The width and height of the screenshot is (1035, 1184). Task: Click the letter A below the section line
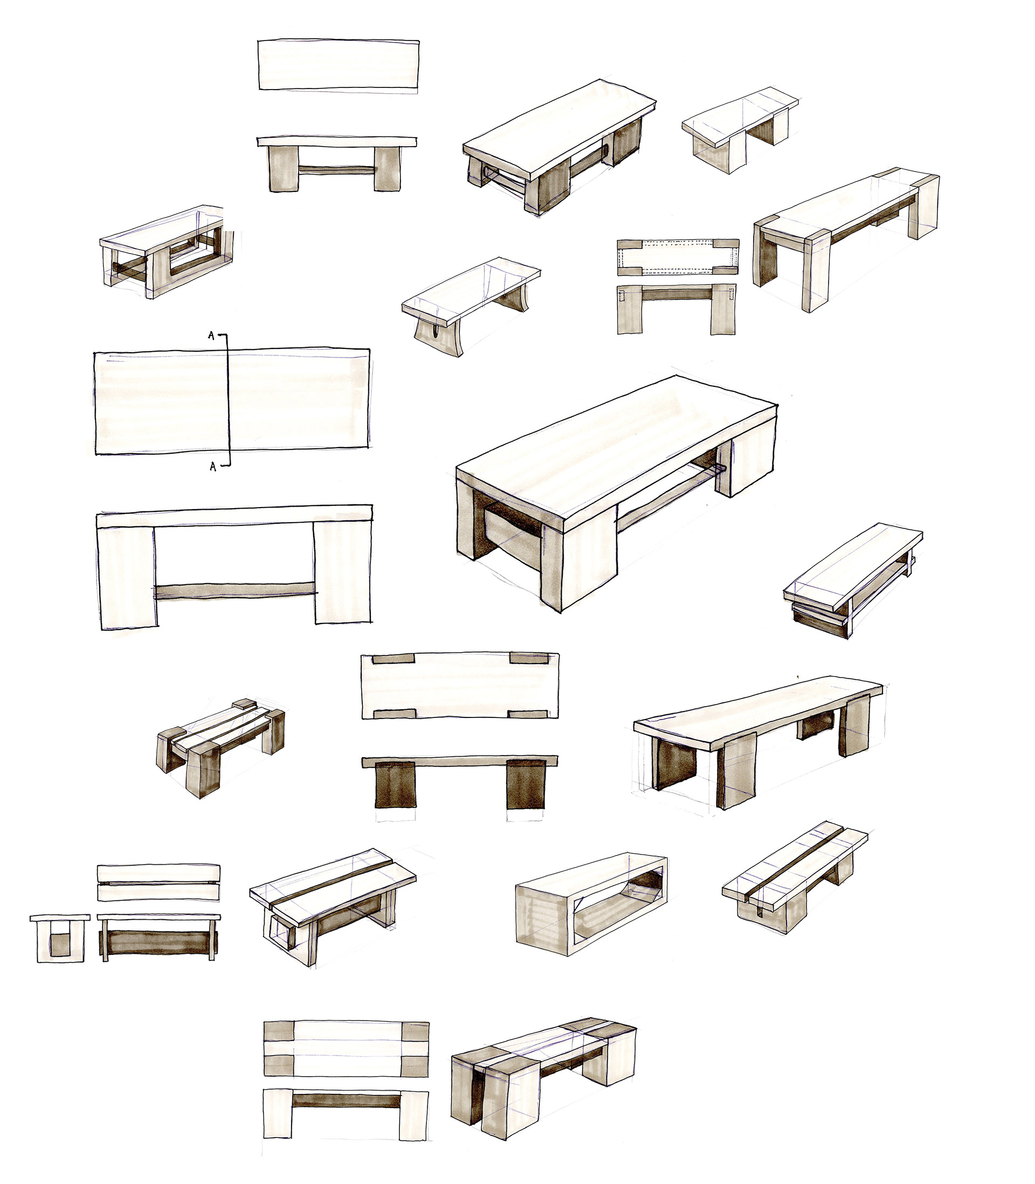tap(212, 467)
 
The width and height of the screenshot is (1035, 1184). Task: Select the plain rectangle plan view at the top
tap(339, 65)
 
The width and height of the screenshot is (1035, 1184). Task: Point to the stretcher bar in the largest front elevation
tap(236, 591)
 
